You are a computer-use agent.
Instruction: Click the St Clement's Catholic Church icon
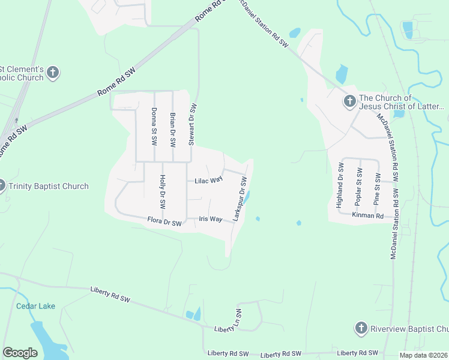pos(53,73)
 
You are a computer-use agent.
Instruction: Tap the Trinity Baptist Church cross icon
pos(2,186)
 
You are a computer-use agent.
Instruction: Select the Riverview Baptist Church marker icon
pos(361,328)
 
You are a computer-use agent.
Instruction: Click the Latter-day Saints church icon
pos(350,102)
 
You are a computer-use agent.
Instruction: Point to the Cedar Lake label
pos(35,306)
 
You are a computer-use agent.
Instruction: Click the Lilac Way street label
pos(208,181)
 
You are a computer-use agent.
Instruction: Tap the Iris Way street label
pos(211,220)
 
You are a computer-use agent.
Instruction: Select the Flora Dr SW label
pos(164,223)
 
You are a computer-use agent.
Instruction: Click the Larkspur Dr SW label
pos(241,198)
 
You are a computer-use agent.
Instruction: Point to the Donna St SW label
pos(154,127)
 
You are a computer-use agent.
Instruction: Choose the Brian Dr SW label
pos(173,130)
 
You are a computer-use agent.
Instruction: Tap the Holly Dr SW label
pos(162,191)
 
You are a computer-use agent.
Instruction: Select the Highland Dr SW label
pos(340,185)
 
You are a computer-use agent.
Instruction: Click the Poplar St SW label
pos(360,188)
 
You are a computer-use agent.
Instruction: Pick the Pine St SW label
pos(378,188)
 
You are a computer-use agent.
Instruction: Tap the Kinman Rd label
pos(364,215)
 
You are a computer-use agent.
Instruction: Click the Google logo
pos(20,353)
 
